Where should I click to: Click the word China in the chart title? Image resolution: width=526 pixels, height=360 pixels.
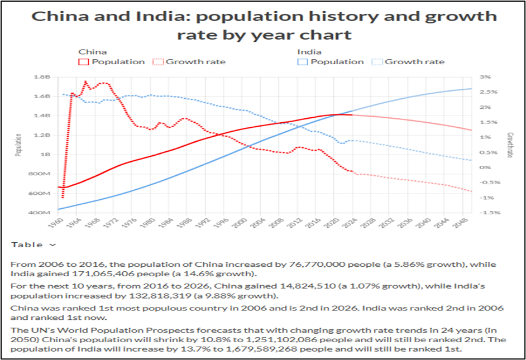click(x=56, y=16)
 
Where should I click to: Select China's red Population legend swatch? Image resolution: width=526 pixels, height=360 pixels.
click(x=84, y=62)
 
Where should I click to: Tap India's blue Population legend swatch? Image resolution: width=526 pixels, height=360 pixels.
click(x=303, y=62)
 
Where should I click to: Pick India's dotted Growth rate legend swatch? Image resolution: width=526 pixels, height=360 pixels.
click(x=377, y=62)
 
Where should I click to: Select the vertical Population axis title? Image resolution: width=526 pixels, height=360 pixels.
click(x=18, y=145)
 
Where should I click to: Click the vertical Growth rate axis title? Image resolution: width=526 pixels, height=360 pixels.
click(x=510, y=145)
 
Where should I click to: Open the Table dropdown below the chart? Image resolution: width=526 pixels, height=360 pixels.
click(x=34, y=244)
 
